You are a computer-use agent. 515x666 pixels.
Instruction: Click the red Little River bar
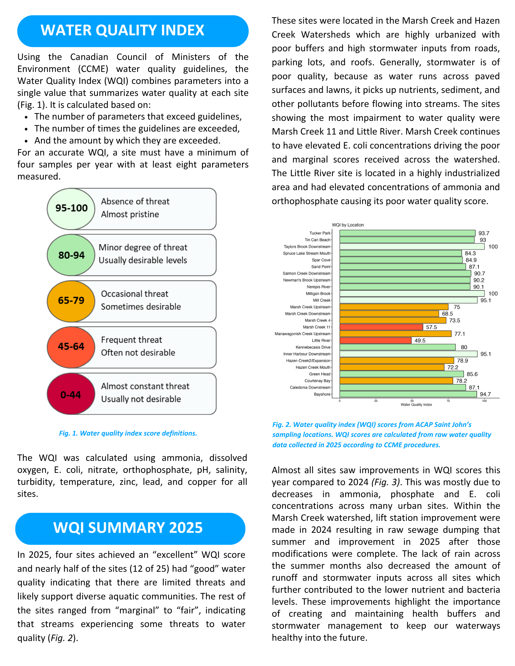click(375, 341)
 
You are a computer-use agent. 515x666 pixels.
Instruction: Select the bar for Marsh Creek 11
click(381, 327)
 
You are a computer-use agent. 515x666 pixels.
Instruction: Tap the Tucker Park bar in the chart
click(407, 233)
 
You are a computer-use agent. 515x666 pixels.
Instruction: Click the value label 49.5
click(420, 341)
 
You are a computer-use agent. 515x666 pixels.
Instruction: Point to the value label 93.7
click(484, 233)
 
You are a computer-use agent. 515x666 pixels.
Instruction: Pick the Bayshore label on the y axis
click(322, 394)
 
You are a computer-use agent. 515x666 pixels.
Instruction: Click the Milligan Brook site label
click(318, 294)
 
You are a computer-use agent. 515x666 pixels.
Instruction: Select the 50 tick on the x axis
click(412, 401)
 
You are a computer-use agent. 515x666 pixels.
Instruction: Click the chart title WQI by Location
click(348, 225)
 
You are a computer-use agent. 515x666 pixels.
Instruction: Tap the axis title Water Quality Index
click(416, 405)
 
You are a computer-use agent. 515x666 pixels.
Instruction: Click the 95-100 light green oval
click(71, 208)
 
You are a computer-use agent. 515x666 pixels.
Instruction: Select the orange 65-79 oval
click(71, 301)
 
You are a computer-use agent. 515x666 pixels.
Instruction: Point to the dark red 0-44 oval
click(71, 395)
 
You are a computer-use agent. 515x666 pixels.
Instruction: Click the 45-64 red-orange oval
click(71, 347)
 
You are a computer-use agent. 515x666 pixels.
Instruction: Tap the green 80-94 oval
click(71, 255)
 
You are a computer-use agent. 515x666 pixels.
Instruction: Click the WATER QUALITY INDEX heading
click(122, 30)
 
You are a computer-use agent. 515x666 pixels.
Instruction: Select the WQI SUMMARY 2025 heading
click(128, 528)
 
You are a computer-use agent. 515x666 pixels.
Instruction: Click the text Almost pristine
click(130, 214)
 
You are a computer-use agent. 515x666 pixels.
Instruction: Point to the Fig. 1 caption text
click(128, 433)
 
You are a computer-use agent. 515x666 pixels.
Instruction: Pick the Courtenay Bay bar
click(396, 381)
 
